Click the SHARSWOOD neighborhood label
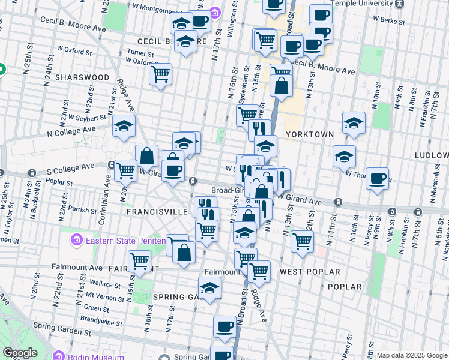(x=82, y=77)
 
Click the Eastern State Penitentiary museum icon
(x=76, y=241)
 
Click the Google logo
(x=20, y=353)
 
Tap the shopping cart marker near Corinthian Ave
(x=125, y=170)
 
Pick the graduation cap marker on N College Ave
(x=124, y=125)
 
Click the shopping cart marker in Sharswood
(x=160, y=74)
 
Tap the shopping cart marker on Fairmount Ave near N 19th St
(x=139, y=261)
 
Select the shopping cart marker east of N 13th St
(x=301, y=241)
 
